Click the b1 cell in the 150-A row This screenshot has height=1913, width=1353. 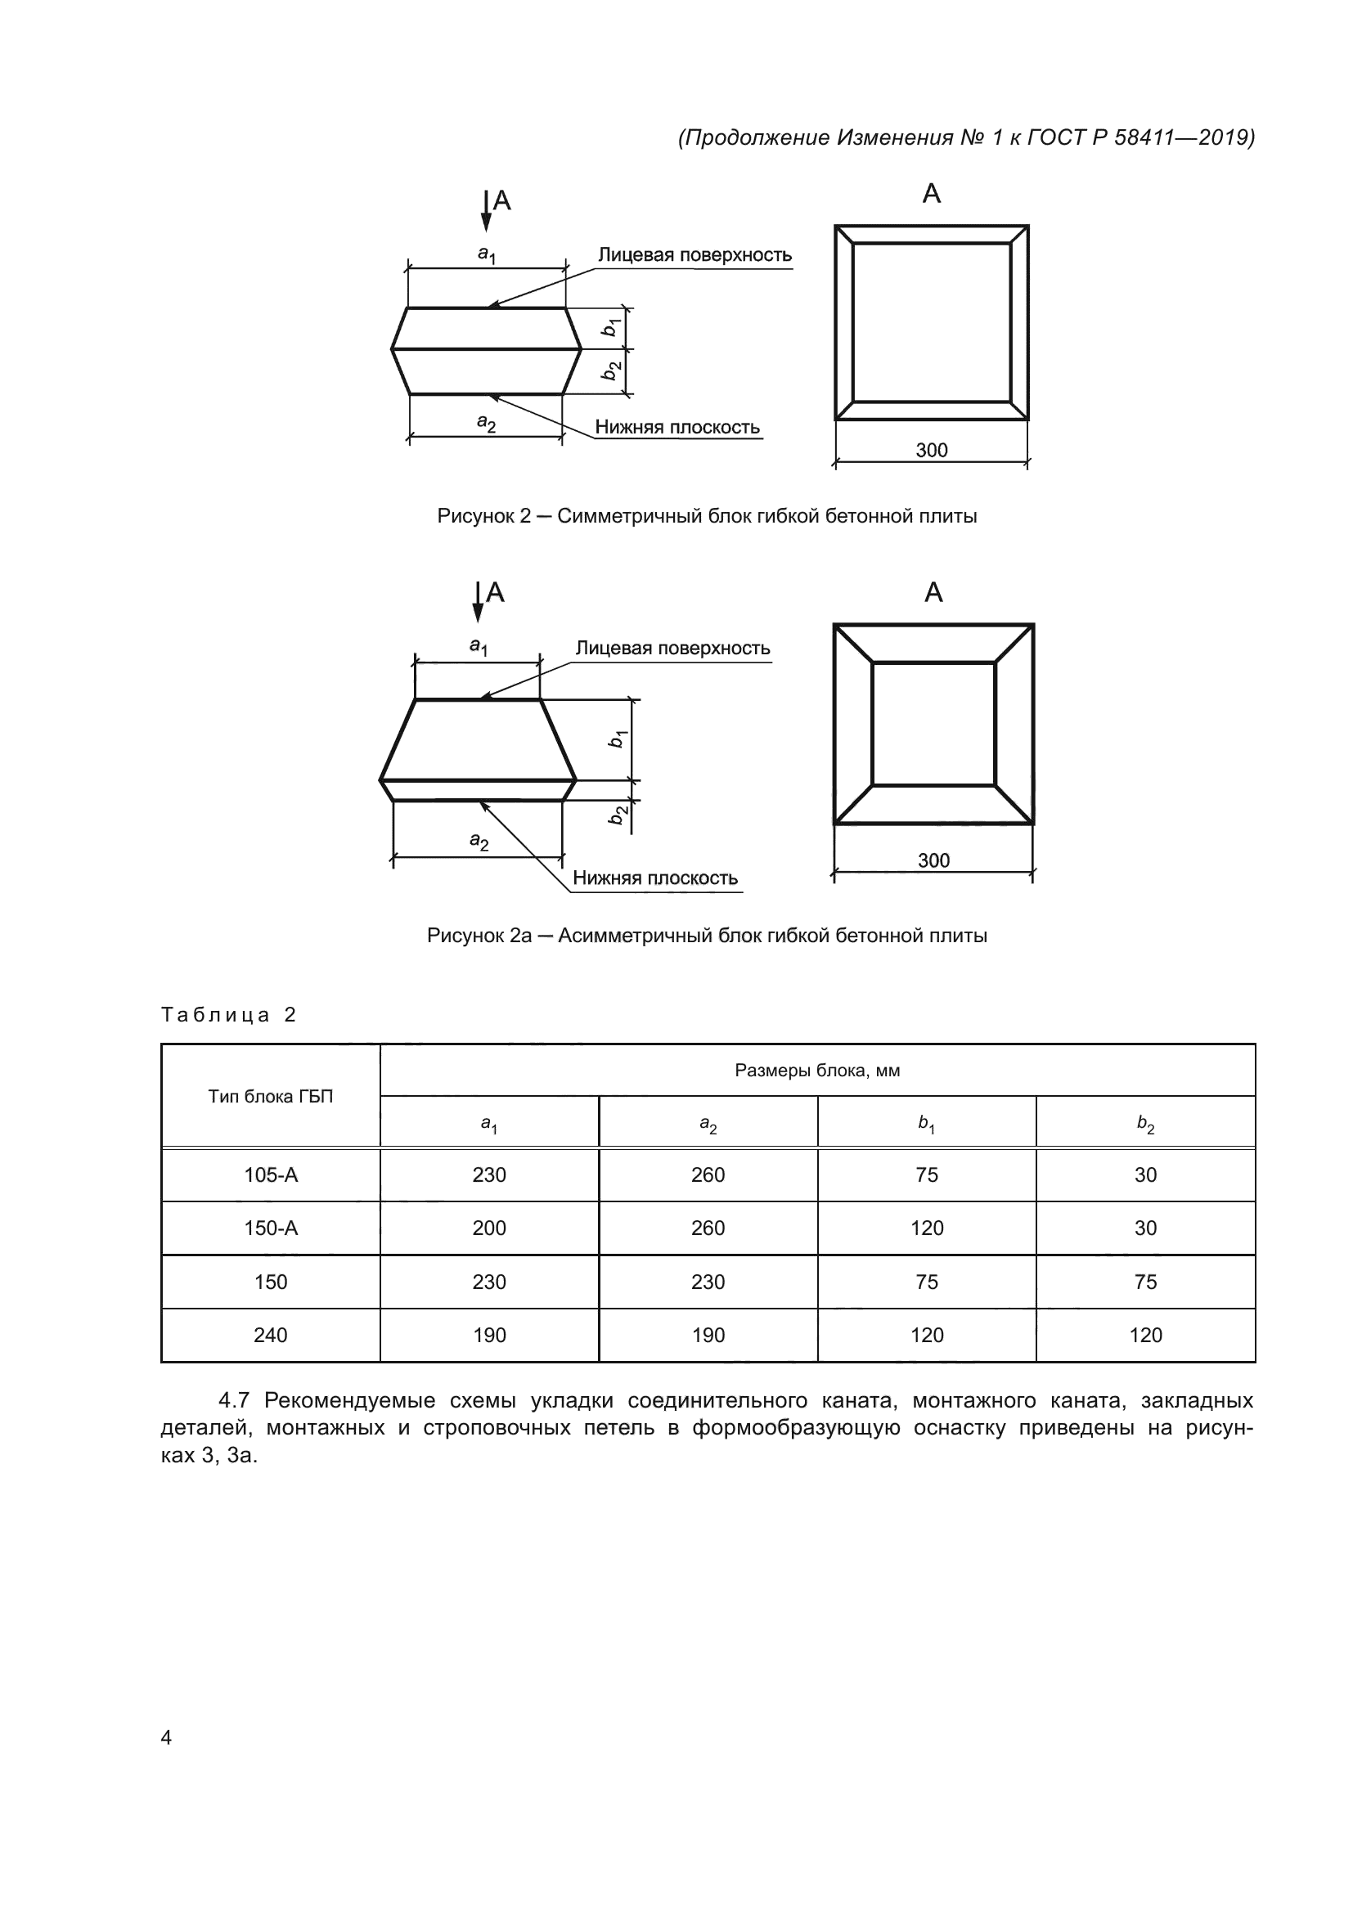(927, 1228)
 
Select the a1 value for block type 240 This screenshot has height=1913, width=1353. (489, 1336)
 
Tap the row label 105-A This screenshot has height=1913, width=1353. (270, 1174)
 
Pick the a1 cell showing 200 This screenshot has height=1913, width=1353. (489, 1228)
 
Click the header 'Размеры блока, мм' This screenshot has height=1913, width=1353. (816, 1071)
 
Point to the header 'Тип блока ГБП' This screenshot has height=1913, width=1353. (270, 1097)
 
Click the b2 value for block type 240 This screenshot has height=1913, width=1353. (1144, 1336)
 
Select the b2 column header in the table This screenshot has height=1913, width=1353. (1145, 1124)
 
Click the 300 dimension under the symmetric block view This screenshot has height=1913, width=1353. (932, 451)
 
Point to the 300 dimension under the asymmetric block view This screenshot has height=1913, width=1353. (933, 860)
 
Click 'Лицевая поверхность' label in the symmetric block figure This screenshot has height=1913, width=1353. (694, 255)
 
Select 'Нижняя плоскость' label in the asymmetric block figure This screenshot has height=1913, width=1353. (655, 878)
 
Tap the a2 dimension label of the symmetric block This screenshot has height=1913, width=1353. (487, 424)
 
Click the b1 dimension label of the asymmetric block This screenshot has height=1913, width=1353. (617, 739)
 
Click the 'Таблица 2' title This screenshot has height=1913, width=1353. (228, 1015)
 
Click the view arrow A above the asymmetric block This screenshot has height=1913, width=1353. (479, 602)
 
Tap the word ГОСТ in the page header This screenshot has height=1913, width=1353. (1054, 137)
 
